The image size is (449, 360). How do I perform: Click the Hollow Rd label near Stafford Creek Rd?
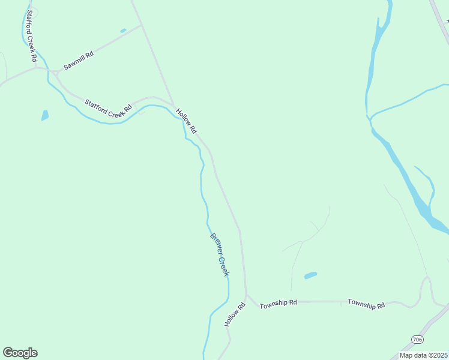pos(186,120)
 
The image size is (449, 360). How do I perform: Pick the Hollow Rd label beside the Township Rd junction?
pos(235,315)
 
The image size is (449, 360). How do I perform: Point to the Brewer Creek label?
pos(219,254)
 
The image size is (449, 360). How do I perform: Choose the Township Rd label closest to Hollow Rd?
pos(278,304)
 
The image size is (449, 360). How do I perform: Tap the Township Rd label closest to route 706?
pos(366,304)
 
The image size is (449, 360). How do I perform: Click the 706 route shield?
pos(417,340)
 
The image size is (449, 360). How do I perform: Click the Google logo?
pos(20,353)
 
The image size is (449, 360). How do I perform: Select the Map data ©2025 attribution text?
pos(424,355)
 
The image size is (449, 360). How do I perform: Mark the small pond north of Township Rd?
pos(310,275)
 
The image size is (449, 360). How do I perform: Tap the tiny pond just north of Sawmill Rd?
pos(123,31)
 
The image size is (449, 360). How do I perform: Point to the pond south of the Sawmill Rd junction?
pos(44,115)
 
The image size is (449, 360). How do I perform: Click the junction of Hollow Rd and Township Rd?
pos(246,295)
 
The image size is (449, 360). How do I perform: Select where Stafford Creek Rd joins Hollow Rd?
pos(173,107)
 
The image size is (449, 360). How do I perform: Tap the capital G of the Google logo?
pos(8,353)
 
